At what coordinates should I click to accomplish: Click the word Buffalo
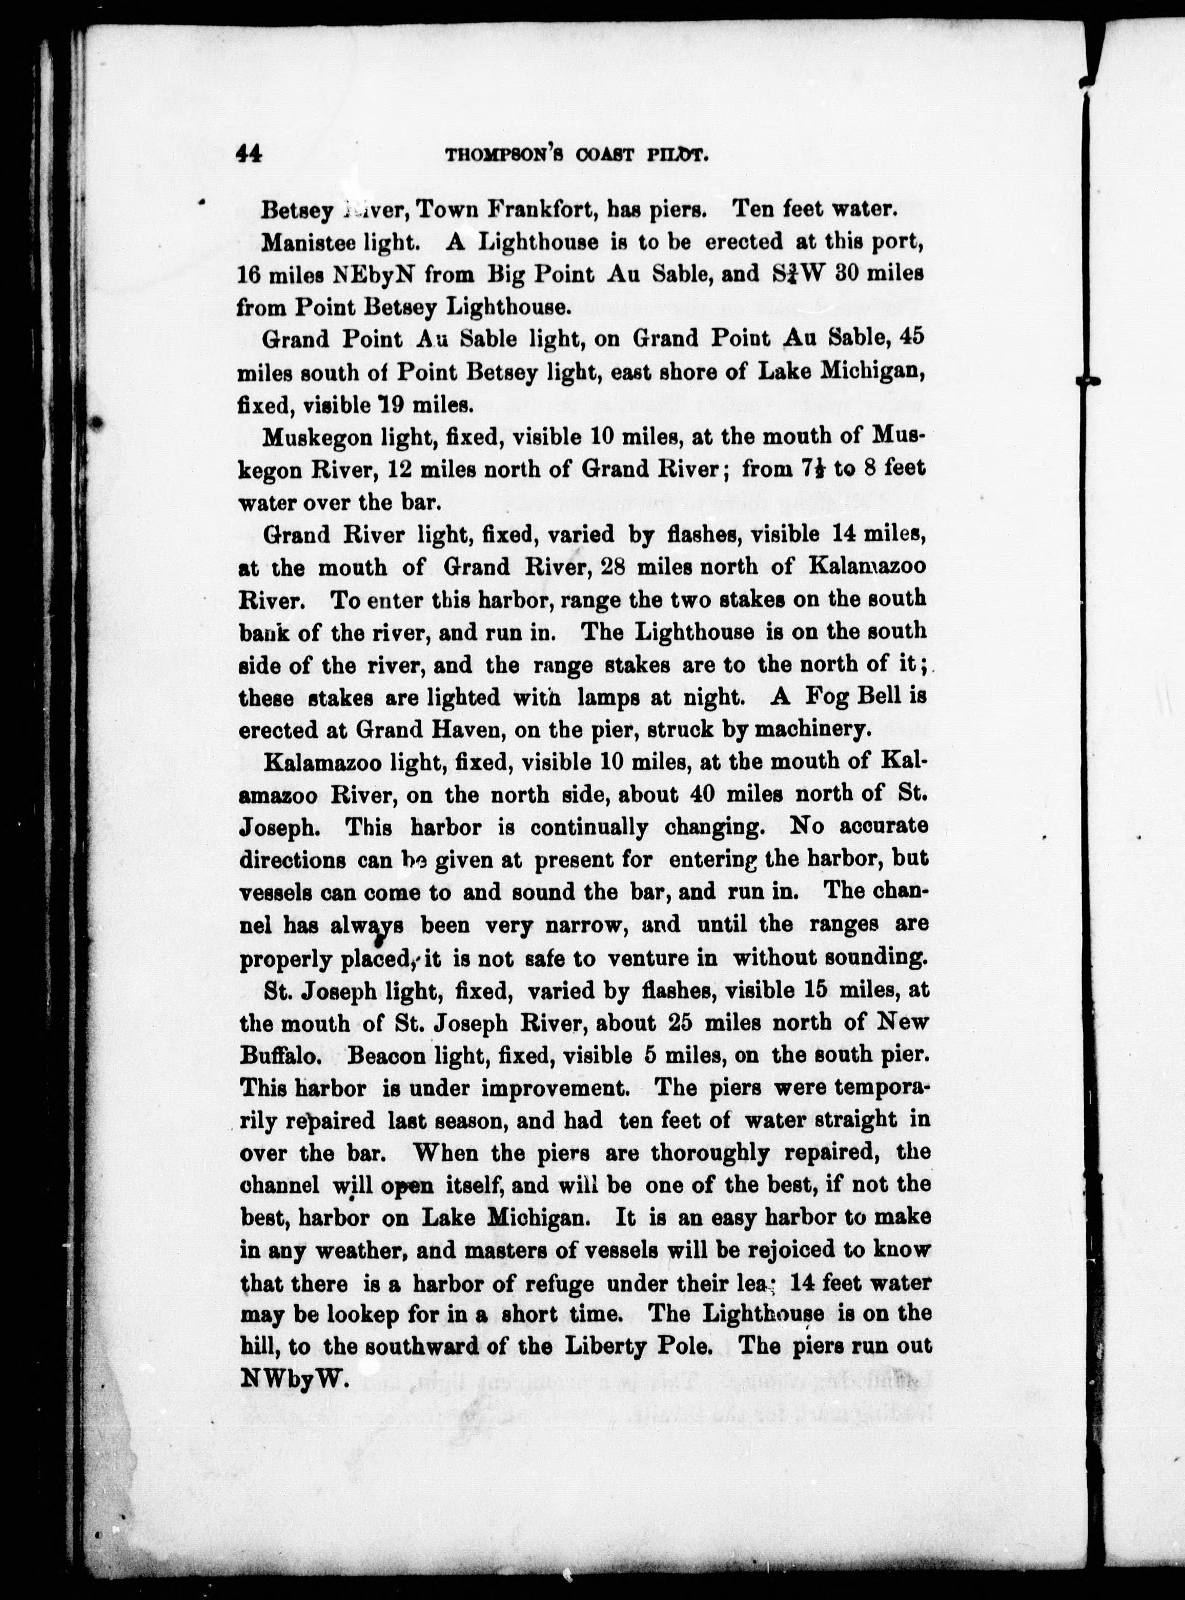[273, 1055]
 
